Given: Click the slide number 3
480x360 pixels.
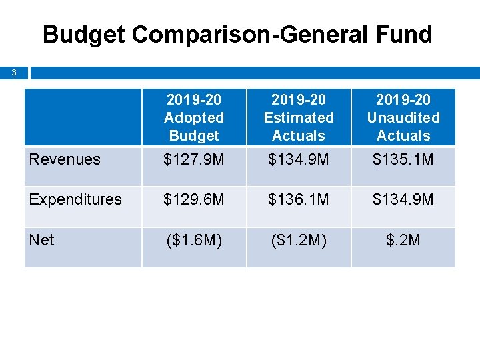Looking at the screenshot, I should (x=14, y=72).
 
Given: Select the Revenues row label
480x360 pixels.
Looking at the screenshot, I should (x=65, y=159).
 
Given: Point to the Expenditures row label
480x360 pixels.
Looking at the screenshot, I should (x=75, y=199).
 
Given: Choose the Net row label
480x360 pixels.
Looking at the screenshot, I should (x=41, y=240).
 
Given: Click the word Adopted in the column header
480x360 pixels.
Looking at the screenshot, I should (x=194, y=118).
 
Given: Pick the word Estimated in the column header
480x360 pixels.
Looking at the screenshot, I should (x=299, y=118).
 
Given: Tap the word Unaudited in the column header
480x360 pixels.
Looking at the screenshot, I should (x=403, y=118).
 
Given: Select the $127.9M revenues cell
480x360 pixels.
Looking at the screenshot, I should (x=194, y=159).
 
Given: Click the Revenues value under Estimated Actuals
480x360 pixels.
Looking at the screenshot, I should (x=299, y=159).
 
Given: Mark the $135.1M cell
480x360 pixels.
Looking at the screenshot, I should (x=403, y=159).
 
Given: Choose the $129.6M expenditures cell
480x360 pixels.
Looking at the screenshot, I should (x=194, y=199).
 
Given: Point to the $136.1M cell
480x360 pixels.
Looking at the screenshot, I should (x=299, y=199).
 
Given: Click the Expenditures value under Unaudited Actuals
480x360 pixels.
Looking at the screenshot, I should (x=403, y=199).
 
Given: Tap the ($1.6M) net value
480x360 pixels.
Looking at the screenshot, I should (x=194, y=240).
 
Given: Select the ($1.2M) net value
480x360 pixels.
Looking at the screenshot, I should (x=299, y=240).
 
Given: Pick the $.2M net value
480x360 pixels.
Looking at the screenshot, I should (x=403, y=240).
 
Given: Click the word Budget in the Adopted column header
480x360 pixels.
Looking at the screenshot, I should (x=194, y=136).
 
